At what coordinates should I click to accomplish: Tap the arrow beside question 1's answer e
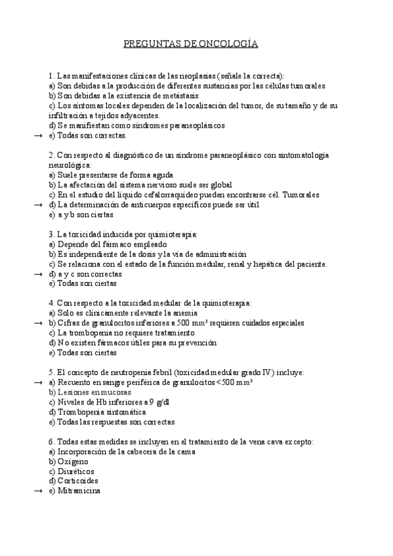click(37, 135)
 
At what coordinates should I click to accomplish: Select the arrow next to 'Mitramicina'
click(37, 490)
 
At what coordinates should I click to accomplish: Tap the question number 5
click(51, 372)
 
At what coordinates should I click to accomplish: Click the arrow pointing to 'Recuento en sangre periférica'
click(37, 382)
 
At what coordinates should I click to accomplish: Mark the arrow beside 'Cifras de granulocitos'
click(37, 323)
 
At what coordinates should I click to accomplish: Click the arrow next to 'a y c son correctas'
click(37, 273)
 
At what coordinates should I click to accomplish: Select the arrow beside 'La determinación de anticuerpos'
click(37, 205)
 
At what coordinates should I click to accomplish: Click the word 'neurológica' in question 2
click(70, 165)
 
